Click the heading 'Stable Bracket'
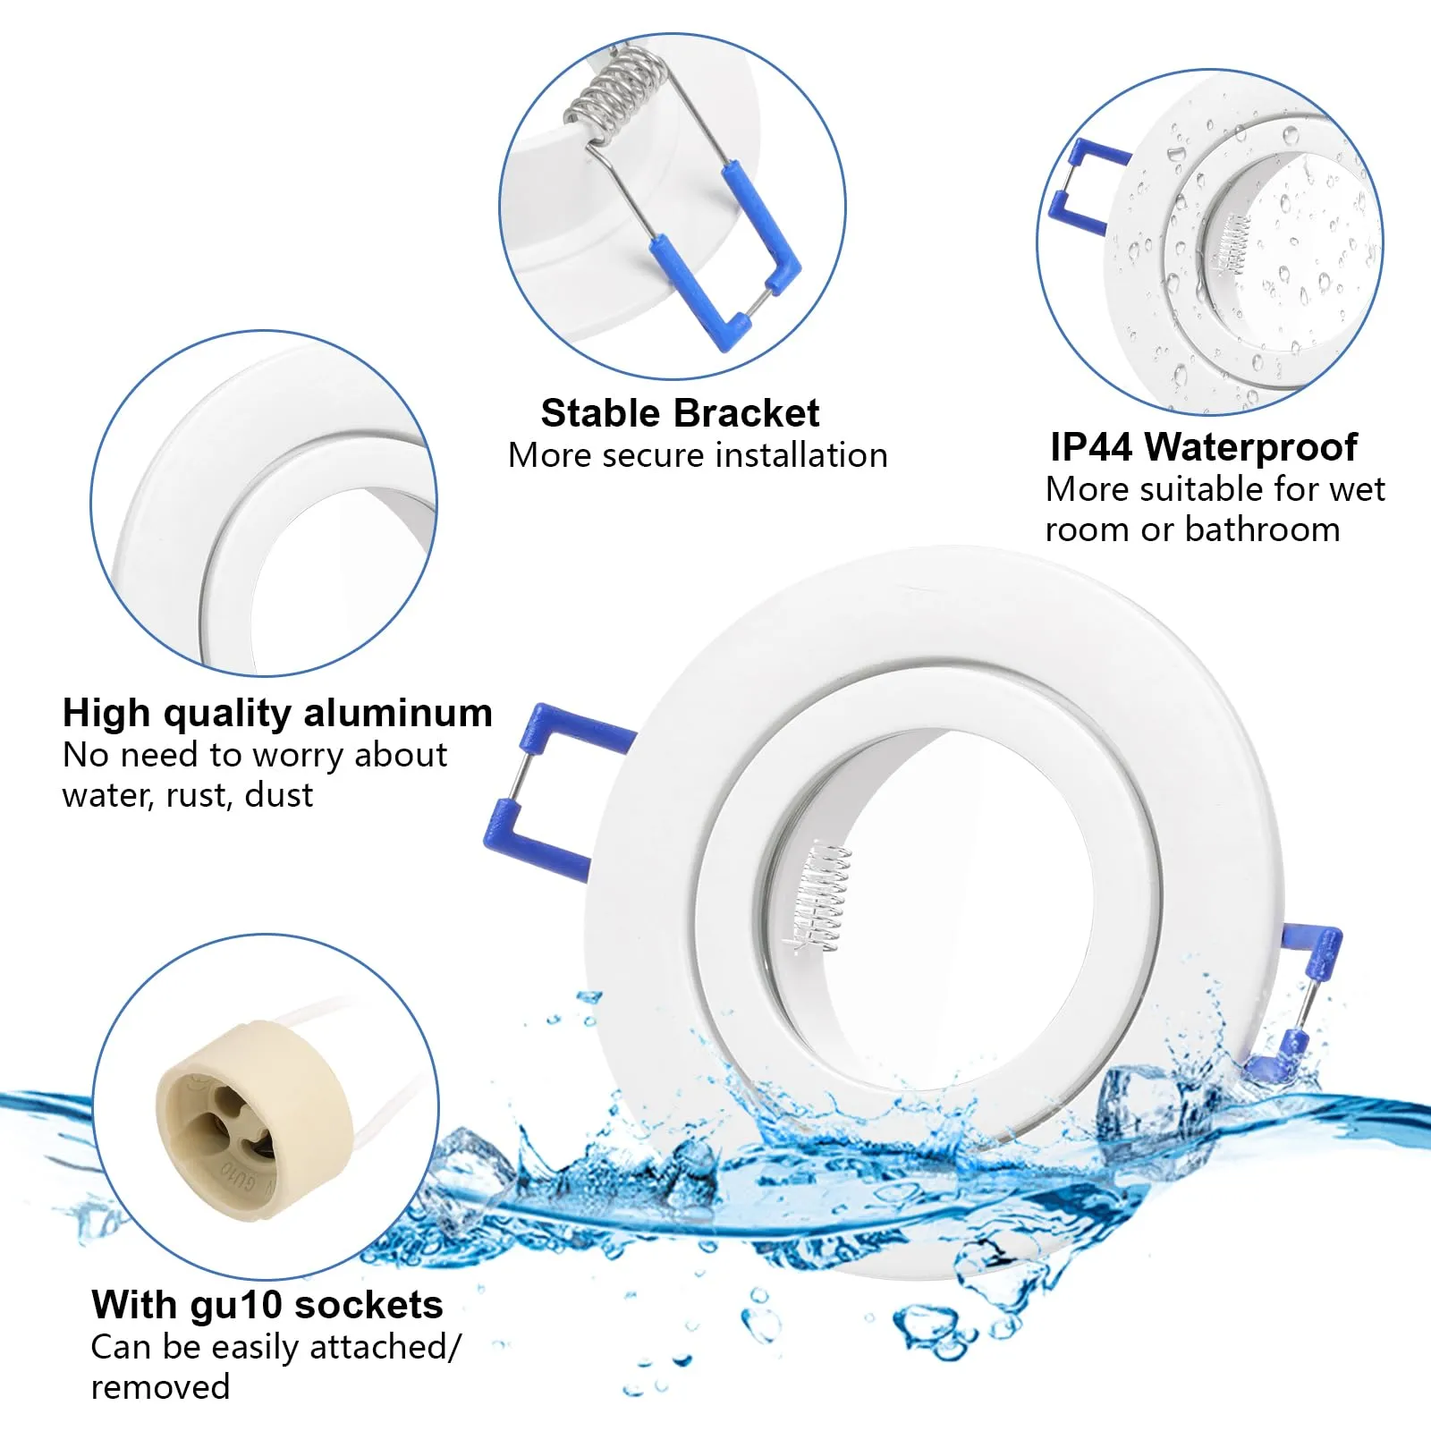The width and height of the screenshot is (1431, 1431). click(x=680, y=413)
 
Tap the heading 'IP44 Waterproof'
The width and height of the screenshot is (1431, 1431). click(x=1204, y=447)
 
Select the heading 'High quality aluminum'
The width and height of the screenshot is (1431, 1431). click(x=277, y=714)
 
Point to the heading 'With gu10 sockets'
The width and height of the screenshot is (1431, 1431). click(x=267, y=1305)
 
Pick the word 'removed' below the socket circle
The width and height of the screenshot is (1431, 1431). click(x=161, y=1387)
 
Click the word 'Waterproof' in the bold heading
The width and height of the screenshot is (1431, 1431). click(x=1250, y=447)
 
